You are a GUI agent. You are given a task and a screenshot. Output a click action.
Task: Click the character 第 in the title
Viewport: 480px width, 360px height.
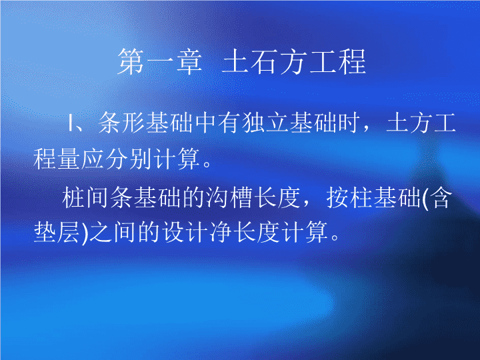[131, 62]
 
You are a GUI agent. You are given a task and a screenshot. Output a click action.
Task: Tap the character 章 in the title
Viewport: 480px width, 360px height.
[189, 62]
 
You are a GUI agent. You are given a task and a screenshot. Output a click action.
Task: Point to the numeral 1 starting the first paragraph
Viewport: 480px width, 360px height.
[71, 123]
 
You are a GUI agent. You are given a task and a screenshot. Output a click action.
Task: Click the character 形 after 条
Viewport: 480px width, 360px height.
[133, 123]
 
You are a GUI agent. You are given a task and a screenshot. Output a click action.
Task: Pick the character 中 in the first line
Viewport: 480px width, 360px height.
[205, 123]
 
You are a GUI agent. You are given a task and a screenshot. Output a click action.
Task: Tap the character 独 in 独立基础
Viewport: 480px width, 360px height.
[253, 123]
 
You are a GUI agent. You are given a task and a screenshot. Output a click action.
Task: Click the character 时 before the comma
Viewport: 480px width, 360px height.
[348, 123]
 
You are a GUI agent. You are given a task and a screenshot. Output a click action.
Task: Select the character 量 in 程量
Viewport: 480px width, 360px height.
[69, 159]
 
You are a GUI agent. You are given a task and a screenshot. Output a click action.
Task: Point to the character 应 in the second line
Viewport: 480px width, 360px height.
[93, 159]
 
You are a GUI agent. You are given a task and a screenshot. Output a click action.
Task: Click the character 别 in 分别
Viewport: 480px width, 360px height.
[141, 159]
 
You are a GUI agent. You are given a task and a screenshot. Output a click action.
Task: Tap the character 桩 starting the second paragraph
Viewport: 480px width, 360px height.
[73, 198]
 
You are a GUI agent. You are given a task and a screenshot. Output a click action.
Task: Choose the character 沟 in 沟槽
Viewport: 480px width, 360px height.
[217, 198]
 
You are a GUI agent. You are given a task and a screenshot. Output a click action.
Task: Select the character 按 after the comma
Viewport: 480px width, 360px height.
[337, 198]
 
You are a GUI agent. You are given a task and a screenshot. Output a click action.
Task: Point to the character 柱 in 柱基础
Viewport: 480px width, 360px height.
[361, 198]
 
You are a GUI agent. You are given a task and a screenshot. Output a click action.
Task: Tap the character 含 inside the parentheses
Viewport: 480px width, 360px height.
[441, 198]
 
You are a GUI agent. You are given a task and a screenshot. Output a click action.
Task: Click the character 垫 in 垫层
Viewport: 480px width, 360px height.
[45, 232]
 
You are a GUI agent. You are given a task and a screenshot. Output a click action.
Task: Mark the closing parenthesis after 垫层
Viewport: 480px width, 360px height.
[85, 233]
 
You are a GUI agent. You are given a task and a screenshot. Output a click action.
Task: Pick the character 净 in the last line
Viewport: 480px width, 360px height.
[221, 232]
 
